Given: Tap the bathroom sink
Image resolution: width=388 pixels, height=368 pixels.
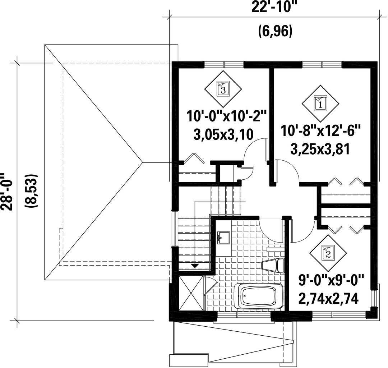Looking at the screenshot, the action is pos(223,238).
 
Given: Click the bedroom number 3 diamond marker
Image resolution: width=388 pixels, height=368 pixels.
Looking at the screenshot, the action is pos(223,89).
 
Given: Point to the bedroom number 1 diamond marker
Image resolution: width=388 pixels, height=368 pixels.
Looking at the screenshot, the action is pos(320,103).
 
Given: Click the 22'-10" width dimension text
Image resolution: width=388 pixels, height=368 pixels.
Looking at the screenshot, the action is pos(274,7).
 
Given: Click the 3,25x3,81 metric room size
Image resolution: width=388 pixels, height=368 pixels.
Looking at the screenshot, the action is pos(320,149).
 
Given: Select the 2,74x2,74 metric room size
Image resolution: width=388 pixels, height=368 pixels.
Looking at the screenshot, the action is pos(328,299).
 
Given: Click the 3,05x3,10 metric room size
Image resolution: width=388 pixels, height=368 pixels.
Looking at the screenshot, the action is pos(223,135).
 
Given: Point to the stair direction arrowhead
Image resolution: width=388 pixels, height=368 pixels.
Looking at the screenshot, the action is pos(195,266).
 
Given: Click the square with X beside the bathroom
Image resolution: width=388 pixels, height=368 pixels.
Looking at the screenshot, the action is pos(191,293).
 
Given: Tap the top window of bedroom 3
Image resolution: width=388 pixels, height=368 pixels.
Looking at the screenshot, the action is pos(224,64).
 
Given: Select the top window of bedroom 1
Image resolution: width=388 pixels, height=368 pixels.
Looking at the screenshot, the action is pos(322,64).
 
